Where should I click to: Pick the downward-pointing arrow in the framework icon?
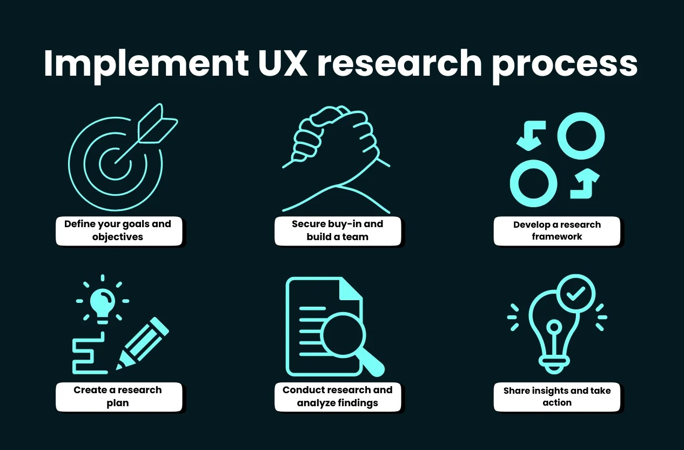530,135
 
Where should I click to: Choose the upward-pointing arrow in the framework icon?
585,183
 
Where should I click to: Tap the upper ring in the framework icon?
581,135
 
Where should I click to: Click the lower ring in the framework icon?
533,183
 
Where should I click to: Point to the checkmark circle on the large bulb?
576,294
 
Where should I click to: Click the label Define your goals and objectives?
118,230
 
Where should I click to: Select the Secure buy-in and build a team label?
337,230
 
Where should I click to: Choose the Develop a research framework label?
556,231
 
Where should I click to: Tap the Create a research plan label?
118,396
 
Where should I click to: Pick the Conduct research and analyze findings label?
337,396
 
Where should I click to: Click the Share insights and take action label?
556,396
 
